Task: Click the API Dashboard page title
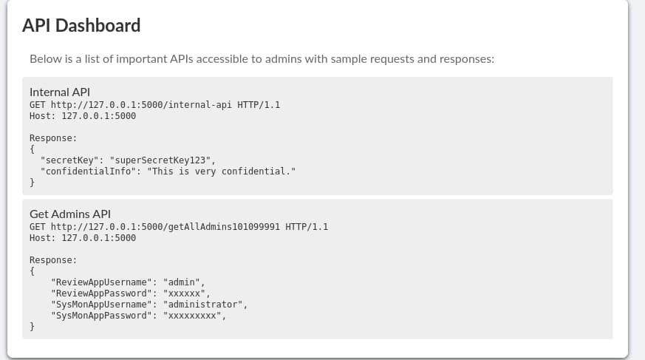[81, 26]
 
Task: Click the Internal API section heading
[59, 92]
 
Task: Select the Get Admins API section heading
[69, 214]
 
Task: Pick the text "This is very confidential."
[221, 171]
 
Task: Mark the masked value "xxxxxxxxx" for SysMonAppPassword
[193, 316]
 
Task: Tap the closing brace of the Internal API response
[32, 182]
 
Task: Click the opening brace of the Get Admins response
[32, 271]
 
